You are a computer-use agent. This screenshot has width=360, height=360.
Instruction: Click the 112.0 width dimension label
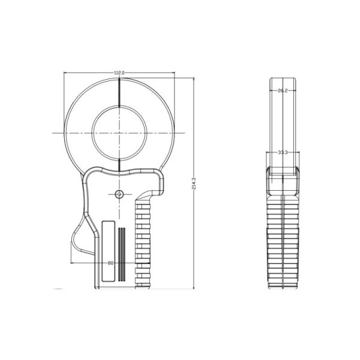pos(119,73)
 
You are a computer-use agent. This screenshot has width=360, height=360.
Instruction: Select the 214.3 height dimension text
pos(194,183)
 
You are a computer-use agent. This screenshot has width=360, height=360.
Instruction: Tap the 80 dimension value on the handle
pos(110,263)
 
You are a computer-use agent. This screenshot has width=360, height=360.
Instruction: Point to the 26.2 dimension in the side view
pos(283,91)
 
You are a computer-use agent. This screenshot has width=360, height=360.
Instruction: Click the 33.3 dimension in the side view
pos(283,152)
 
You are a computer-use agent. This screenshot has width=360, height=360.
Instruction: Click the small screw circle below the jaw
pos(119,194)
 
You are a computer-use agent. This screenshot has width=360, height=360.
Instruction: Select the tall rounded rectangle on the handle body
pos(109,251)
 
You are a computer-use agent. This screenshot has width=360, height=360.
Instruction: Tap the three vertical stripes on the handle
pos(122,254)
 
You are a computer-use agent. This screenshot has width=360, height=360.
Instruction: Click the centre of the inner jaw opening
pos(119,133)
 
